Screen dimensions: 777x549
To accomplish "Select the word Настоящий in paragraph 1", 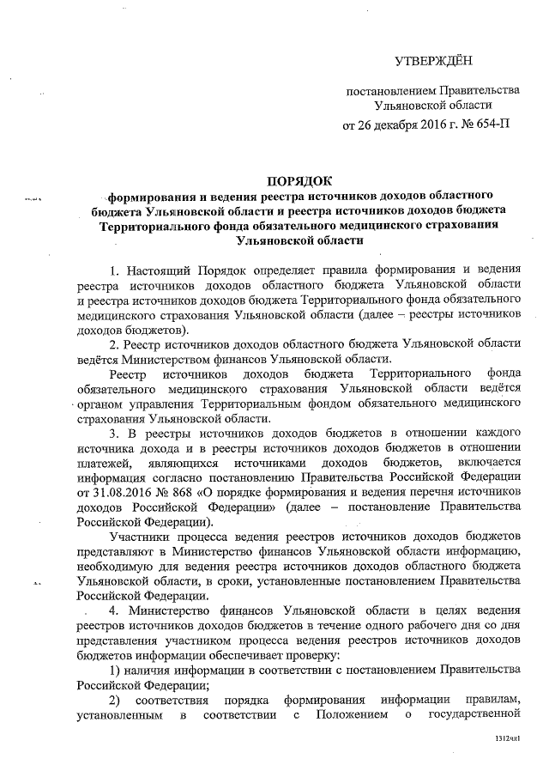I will point(160,271).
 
